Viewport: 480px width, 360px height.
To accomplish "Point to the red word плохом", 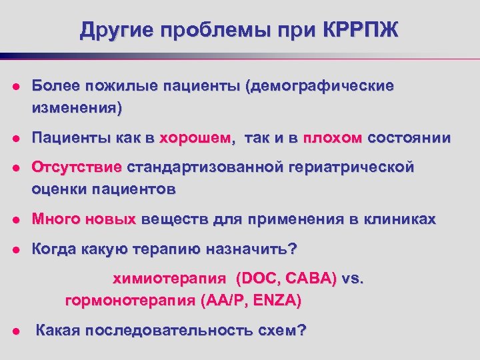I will click(x=333, y=138).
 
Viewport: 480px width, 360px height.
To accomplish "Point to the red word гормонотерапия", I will click(x=129, y=301).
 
